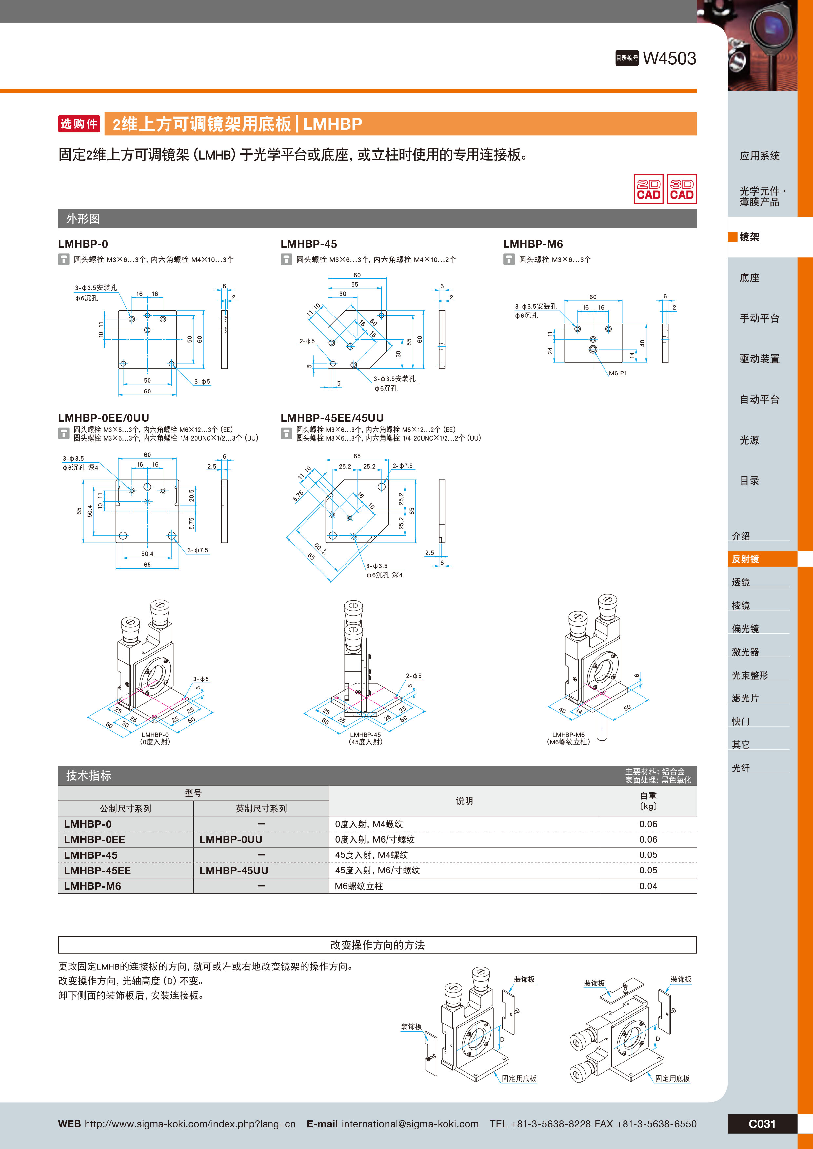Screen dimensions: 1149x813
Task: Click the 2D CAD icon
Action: [x=648, y=189]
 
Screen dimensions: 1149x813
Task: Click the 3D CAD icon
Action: [x=681, y=189]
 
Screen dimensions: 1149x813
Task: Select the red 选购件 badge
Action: [x=79, y=124]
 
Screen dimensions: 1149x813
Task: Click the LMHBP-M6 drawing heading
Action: [x=533, y=244]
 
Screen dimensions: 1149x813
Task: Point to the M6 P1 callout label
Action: [x=618, y=373]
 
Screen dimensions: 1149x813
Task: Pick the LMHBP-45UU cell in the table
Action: [x=233, y=870]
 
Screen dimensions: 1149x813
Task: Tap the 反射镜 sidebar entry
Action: [x=745, y=559]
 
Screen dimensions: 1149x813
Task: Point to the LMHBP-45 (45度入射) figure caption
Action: [x=366, y=738]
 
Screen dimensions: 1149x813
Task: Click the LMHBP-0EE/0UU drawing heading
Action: [x=104, y=418]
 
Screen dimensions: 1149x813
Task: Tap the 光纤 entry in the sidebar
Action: [x=741, y=768]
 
